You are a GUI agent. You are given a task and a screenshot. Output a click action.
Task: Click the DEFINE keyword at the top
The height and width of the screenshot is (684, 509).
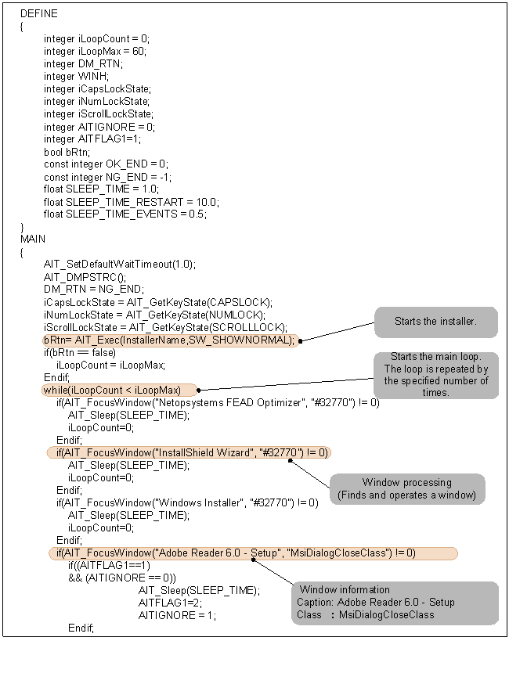[38, 14]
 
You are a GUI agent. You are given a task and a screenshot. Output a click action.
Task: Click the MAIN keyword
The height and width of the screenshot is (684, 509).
[33, 239]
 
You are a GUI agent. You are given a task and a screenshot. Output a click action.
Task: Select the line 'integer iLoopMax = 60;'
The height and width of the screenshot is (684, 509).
[95, 52]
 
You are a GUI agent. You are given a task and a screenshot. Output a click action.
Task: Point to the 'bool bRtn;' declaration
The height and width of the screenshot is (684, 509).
[67, 152]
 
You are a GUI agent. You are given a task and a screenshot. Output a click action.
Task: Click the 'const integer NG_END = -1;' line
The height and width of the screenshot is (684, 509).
[106, 177]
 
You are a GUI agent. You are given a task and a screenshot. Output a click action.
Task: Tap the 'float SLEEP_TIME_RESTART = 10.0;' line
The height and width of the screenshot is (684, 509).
[132, 202]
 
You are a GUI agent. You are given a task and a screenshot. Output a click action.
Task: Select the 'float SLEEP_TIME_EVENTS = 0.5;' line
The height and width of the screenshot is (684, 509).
[125, 214]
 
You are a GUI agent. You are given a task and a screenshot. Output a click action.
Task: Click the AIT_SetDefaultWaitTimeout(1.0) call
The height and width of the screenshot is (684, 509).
[120, 265]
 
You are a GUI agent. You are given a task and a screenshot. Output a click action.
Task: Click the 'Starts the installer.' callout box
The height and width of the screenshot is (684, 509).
[435, 322]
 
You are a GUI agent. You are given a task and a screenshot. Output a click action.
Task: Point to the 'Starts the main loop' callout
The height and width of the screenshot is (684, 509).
[435, 375]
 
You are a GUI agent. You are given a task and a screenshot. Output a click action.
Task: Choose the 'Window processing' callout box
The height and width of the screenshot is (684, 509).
[406, 488]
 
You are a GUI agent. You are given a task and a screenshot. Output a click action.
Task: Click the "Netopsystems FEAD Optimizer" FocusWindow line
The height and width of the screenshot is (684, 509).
[217, 402]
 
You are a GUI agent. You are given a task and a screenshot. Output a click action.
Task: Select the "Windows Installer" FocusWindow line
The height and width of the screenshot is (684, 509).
[186, 502]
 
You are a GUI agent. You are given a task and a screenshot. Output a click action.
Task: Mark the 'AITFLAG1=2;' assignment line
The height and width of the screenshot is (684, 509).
[164, 603]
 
